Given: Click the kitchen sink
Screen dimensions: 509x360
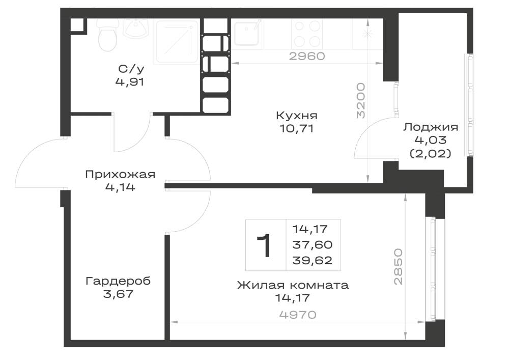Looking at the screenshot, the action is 247,33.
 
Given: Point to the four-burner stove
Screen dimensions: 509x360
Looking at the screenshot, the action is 307,34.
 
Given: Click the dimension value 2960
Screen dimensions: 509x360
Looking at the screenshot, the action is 307,56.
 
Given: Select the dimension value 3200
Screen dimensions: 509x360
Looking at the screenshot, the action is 361,101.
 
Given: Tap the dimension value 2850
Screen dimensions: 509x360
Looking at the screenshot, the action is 398,267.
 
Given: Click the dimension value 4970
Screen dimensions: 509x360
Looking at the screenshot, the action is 298,315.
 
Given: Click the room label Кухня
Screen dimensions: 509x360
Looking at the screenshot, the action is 297,115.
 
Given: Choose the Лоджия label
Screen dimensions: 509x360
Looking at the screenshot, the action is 431,127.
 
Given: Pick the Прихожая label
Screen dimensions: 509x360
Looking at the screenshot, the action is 120,175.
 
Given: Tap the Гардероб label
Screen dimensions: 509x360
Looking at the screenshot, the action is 118,281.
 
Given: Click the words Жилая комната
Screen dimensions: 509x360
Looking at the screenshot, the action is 293,285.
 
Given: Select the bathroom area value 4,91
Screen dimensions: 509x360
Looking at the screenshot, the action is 129,82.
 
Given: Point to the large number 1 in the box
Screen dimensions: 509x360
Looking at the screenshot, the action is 265,245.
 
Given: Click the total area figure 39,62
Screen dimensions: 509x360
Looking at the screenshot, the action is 313,260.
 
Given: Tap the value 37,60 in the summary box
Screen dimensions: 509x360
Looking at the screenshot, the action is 313,244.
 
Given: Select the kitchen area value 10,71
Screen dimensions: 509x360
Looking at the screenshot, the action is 296,128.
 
